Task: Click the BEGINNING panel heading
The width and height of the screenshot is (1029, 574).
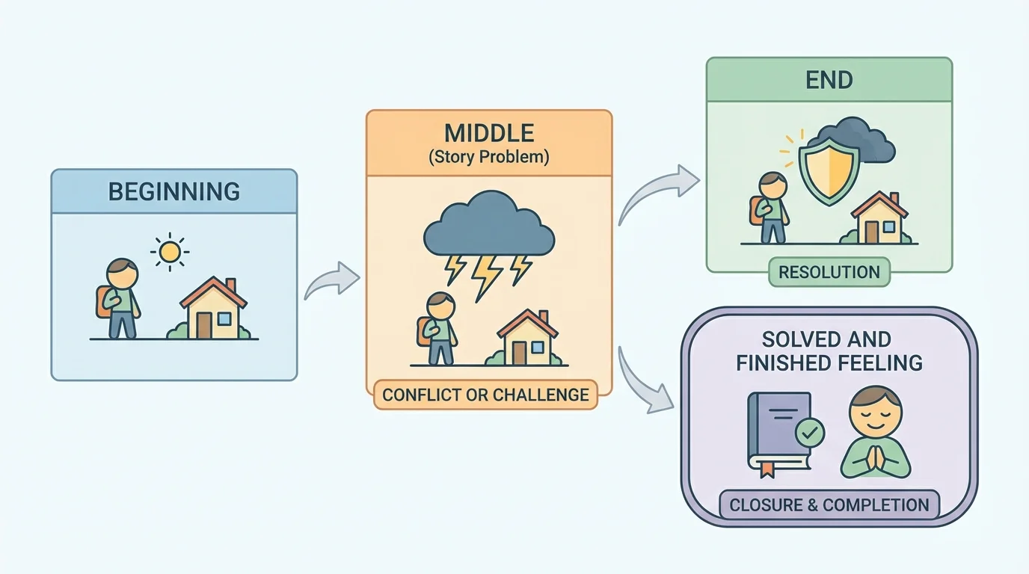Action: coord(173,191)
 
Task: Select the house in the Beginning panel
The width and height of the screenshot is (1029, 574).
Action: coord(214,309)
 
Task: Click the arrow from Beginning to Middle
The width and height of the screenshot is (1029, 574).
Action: coord(331,281)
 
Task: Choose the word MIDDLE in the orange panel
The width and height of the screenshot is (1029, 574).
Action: coord(489,134)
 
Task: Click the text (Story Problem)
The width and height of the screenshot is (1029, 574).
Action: coord(489,157)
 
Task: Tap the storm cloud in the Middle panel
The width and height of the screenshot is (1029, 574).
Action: coord(489,225)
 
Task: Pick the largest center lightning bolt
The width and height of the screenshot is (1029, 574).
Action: coord(488,276)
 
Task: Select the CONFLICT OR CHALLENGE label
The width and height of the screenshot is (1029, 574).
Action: coord(486,394)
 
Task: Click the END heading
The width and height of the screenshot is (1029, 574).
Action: coord(829,80)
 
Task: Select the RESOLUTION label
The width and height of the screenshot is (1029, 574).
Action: coord(829,272)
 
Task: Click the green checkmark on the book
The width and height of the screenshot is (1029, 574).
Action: coord(810,432)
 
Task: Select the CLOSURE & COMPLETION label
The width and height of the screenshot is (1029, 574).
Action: coord(829,504)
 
